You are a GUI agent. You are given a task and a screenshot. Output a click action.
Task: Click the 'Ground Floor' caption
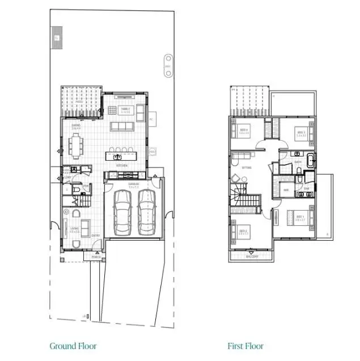73,346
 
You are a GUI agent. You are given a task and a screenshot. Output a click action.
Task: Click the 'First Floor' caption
245,346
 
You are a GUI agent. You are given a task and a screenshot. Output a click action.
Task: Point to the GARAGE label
134,184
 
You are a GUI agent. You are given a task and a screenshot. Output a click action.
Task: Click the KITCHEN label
121,165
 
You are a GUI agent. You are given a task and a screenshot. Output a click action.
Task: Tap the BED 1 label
300,216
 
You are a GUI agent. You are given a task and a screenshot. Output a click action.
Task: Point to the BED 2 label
243,231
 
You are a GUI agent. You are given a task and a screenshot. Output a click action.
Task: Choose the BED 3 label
300,133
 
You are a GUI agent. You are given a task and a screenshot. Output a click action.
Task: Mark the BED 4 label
243,131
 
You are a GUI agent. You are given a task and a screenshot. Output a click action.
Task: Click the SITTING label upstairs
247,168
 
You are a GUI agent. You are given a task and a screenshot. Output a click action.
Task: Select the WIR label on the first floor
286,190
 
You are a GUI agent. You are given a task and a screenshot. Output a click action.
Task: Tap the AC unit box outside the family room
151,120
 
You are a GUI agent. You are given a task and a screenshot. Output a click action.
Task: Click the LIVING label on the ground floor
74,228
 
